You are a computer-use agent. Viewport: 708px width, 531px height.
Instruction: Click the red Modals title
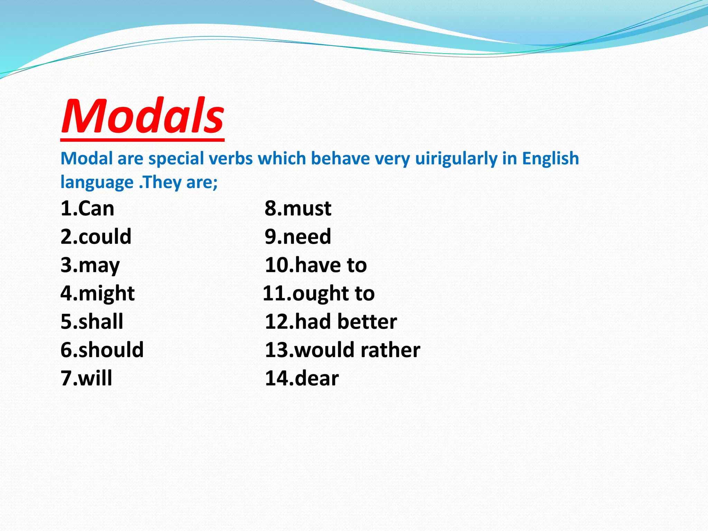pos(142,116)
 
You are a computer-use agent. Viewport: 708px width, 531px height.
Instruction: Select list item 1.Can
pos(87,209)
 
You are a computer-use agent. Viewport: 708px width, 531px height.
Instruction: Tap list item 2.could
pos(96,237)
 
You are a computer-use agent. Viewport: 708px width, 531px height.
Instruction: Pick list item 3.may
pos(90,265)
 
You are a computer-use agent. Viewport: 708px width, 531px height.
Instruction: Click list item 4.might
pos(97,294)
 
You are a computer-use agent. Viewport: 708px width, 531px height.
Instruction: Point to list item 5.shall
pos(92,322)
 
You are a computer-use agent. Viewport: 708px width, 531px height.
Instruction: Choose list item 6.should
pos(102,350)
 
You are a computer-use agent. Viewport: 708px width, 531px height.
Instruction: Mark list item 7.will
pos(86,378)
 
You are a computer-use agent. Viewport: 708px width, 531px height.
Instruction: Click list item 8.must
pos(298,209)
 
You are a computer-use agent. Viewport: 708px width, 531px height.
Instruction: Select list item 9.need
pos(298,237)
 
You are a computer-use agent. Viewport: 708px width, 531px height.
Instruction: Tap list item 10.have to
pos(316,265)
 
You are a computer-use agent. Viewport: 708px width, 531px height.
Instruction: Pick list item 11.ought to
pos(319,294)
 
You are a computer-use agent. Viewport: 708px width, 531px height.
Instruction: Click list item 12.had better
pos(331,322)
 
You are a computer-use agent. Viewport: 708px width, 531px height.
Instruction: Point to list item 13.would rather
pos(342,350)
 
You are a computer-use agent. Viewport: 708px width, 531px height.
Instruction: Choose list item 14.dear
pos(302,378)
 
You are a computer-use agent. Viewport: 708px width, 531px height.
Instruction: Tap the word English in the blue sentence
pos(550,159)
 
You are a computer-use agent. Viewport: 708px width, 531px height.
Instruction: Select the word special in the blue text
pos(176,159)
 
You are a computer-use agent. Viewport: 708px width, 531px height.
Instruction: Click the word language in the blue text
pos(97,183)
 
